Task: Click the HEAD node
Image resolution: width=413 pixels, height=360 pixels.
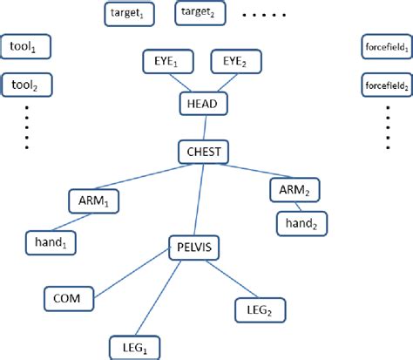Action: (x=203, y=105)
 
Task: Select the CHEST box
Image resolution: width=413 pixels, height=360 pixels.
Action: (x=203, y=153)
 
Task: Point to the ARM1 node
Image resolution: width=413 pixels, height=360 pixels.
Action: (x=92, y=202)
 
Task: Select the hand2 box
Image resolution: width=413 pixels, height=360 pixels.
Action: (x=301, y=224)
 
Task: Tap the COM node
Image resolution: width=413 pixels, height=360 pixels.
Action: (x=66, y=299)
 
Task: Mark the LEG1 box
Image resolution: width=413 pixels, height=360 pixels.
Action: (x=134, y=347)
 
